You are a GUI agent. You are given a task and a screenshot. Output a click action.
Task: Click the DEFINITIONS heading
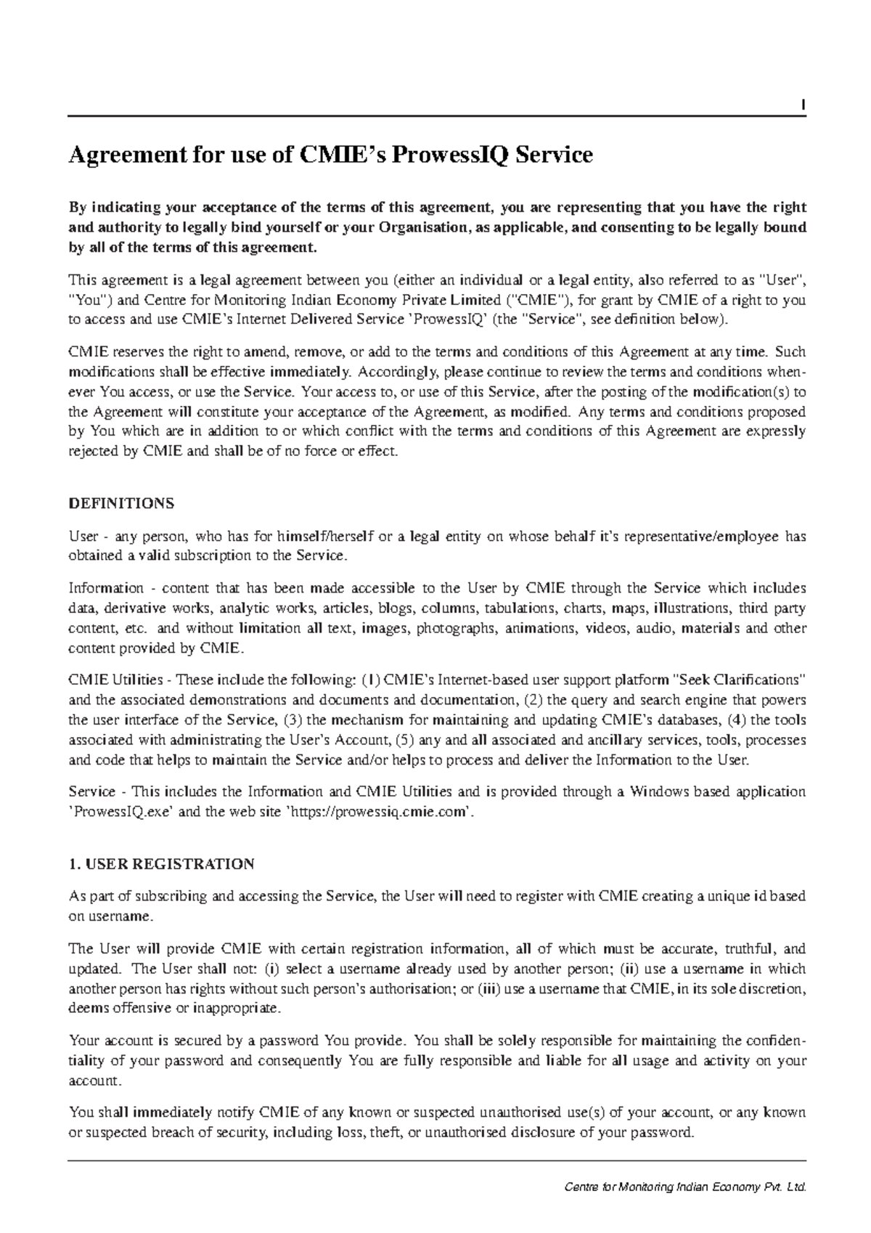coord(120,503)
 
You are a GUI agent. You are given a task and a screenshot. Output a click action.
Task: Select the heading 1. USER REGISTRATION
coord(160,864)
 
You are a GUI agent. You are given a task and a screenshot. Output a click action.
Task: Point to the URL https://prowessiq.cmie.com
coord(377,812)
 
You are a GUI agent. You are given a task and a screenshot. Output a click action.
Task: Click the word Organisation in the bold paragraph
coord(423,227)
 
